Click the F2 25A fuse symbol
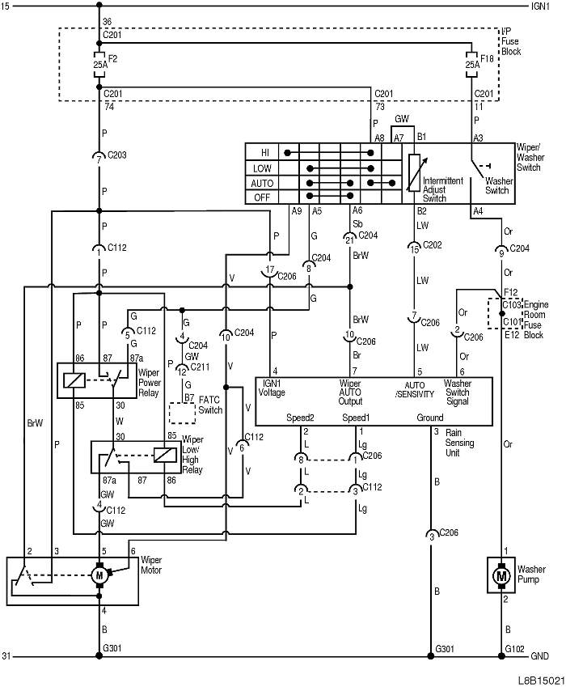99,65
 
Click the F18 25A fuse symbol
471,65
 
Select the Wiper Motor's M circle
99,575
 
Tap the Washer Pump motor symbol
501,575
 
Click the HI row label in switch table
265,153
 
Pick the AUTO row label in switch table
262,183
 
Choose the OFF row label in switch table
262,197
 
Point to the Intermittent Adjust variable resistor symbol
414,172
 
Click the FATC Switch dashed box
182,413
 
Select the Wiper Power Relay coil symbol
72,380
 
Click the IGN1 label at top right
540,6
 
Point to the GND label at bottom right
539,656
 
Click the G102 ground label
514,648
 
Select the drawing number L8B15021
541,681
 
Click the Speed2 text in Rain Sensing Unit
300,418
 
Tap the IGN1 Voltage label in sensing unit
272,388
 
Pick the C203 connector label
117,155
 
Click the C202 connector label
432,245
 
